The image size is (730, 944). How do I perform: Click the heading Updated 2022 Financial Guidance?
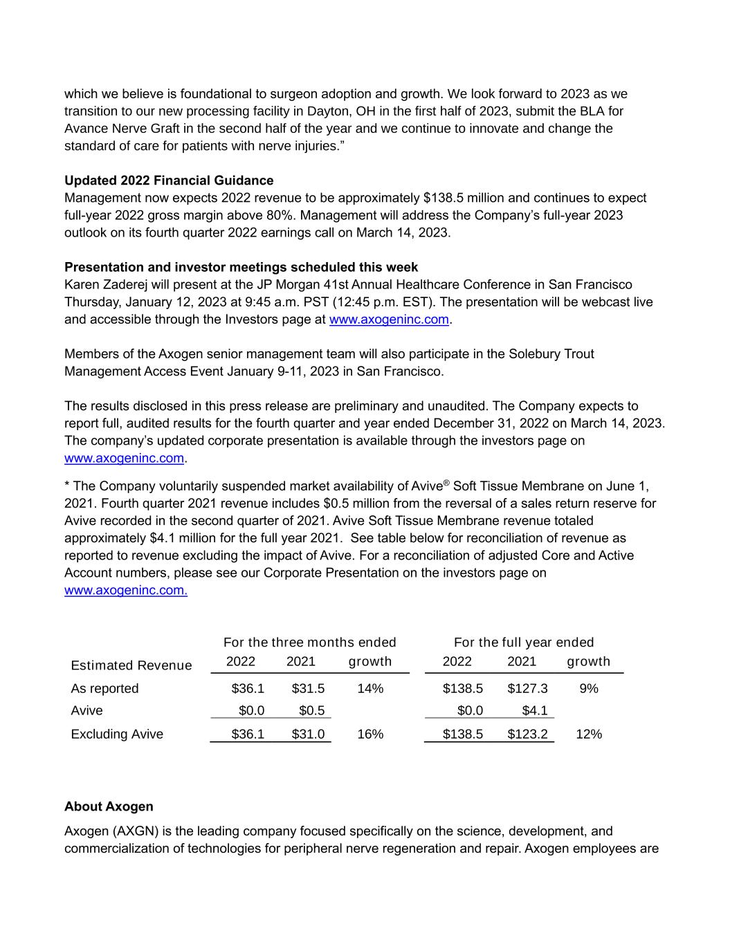click(169, 181)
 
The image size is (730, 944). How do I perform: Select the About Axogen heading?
click(109, 806)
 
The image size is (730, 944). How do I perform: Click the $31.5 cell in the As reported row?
click(308, 688)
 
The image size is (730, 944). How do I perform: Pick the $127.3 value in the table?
click(527, 688)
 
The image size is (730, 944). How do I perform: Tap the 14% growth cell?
click(370, 688)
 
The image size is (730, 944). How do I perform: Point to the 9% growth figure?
click(589, 688)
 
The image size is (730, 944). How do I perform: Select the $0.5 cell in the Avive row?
click(312, 710)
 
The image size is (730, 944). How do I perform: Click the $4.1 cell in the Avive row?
click(535, 710)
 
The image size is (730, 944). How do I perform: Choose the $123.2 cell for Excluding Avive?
click(527, 734)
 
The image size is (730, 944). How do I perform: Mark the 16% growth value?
click(370, 734)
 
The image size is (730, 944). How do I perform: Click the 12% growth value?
click(589, 734)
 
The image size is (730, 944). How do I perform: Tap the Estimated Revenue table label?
click(131, 665)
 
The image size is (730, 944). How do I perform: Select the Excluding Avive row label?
click(117, 734)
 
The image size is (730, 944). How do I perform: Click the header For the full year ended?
click(524, 642)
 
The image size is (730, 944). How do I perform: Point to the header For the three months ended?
click(310, 642)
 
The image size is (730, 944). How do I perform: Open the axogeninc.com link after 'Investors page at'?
click(389, 320)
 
